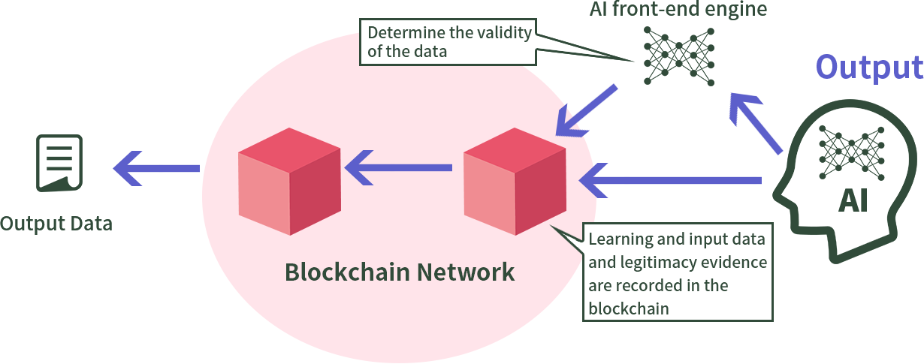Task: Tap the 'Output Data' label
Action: point(56,224)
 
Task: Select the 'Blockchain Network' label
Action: point(400,272)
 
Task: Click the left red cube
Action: point(289,181)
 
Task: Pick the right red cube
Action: point(515,181)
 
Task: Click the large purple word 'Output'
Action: point(869,67)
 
